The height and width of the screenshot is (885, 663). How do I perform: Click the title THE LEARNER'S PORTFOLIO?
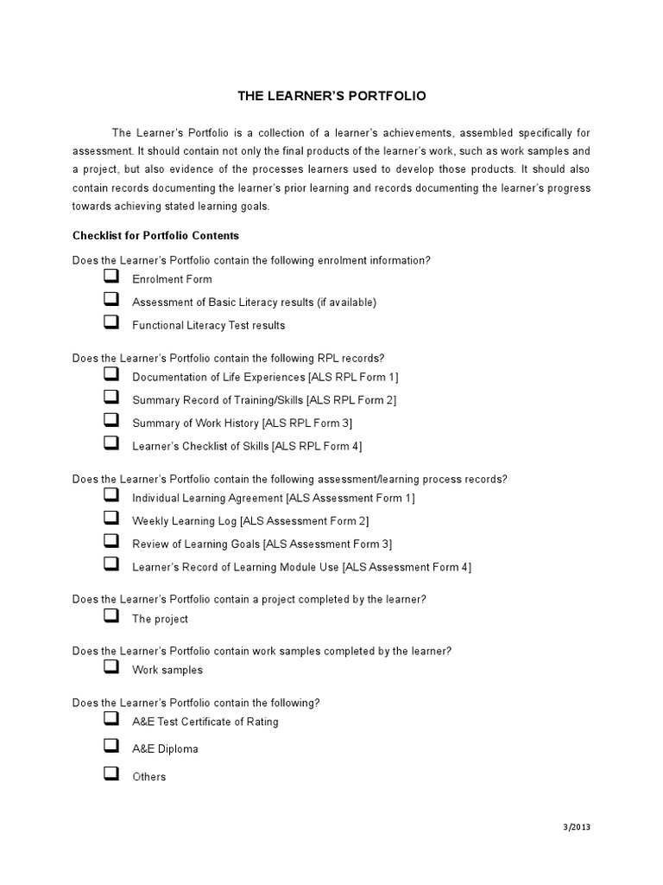(331, 96)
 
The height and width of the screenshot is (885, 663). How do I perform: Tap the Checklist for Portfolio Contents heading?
(155, 235)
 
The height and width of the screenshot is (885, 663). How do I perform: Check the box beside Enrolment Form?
(110, 277)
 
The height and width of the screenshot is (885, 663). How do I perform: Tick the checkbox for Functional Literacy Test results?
(110, 322)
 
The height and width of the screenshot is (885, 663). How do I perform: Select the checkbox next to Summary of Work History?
(110, 420)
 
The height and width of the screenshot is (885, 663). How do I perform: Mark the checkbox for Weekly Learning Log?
(110, 518)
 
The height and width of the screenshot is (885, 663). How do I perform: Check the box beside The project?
(110, 616)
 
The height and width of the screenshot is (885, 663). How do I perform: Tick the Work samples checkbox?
(110, 667)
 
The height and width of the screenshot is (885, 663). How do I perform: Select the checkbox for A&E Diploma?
(110, 746)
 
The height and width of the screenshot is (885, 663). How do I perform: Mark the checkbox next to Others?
(110, 774)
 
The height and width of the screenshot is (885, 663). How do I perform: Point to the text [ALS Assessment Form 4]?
(407, 567)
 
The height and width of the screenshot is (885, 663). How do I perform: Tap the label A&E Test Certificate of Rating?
(205, 722)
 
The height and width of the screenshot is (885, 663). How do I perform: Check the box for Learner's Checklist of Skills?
(110, 443)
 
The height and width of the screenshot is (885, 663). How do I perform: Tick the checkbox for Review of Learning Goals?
(110, 541)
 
